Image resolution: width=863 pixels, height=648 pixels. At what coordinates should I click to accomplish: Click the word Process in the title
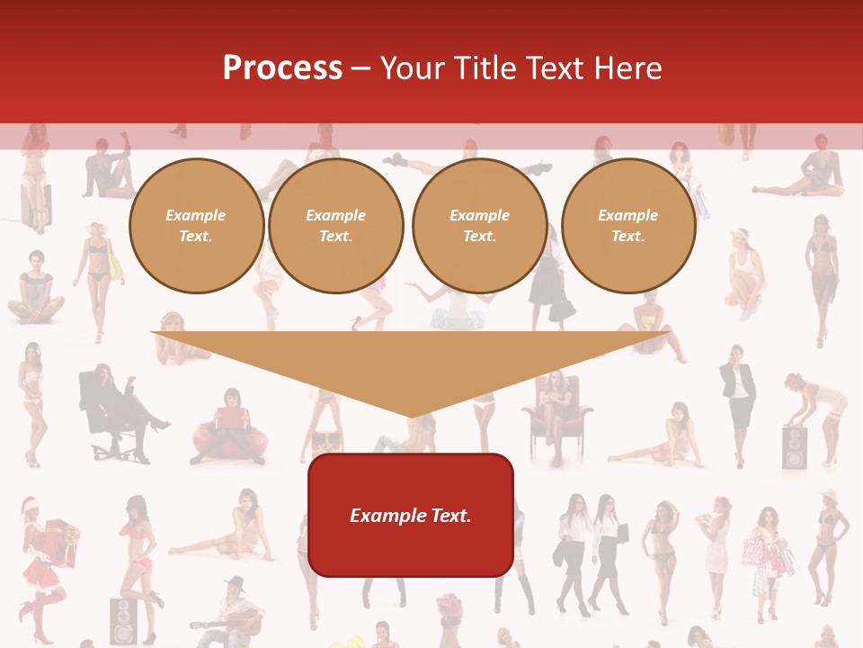coord(282,67)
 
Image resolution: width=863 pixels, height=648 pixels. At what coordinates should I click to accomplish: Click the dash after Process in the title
coord(360,68)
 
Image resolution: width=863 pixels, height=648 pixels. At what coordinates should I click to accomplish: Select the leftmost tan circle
coord(196,226)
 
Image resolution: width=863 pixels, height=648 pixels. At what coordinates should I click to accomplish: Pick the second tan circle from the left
coord(336,226)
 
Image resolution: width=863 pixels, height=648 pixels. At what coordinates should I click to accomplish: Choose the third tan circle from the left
coord(479,226)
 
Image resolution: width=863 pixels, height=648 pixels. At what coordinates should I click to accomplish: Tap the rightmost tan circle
coord(628,226)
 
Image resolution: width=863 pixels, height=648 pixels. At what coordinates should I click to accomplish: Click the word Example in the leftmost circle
coord(196,215)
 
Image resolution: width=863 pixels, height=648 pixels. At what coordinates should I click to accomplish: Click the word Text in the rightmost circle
coord(627,237)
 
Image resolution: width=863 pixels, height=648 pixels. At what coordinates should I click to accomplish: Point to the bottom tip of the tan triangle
coord(412,416)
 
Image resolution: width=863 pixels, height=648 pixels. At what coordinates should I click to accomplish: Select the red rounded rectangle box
coord(411,515)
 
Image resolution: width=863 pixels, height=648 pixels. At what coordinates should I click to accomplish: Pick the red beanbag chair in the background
coord(230,439)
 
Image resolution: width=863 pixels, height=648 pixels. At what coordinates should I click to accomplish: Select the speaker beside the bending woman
coord(795,447)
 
